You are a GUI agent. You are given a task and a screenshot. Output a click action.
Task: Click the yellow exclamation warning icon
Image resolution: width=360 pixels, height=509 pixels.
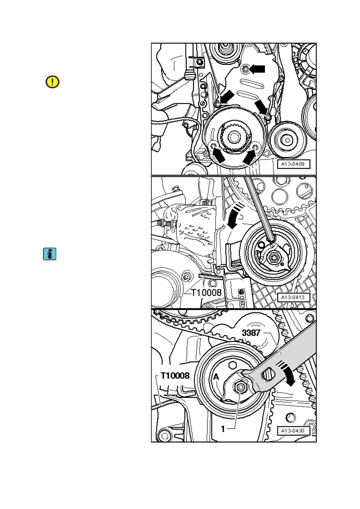point(52,82)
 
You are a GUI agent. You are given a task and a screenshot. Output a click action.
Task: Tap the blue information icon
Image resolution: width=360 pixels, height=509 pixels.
point(50,254)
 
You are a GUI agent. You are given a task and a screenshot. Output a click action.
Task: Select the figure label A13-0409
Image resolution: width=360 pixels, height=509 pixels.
point(293,164)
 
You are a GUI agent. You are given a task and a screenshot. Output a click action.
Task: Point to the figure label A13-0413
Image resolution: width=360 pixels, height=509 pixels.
point(293,297)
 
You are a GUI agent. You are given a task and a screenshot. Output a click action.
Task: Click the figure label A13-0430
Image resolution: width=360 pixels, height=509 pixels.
point(293,430)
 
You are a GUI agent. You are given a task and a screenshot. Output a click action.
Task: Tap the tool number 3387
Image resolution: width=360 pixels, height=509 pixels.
point(251,333)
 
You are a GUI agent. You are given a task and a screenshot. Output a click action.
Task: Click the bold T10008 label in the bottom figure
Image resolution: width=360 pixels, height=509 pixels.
point(175,376)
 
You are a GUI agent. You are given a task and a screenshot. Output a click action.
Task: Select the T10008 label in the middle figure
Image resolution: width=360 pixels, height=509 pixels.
point(206,293)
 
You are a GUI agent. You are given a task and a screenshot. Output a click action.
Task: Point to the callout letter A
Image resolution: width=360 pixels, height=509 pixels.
point(216,377)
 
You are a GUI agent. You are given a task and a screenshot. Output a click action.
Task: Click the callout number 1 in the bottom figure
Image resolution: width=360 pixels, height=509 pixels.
point(223,429)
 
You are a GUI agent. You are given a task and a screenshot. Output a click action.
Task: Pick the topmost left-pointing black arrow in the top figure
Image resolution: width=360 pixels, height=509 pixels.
point(258,69)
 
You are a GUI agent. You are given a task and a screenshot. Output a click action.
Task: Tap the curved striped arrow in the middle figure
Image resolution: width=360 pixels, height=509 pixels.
point(235,216)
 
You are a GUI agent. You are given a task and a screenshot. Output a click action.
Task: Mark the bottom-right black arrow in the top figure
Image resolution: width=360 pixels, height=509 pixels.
point(249,157)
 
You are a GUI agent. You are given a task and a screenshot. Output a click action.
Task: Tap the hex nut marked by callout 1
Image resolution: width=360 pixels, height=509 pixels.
point(240,387)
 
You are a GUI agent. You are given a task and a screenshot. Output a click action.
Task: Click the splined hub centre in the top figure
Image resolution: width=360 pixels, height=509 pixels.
point(233,137)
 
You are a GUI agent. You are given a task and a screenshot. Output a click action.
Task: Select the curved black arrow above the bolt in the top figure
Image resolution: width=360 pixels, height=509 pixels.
point(261,107)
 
